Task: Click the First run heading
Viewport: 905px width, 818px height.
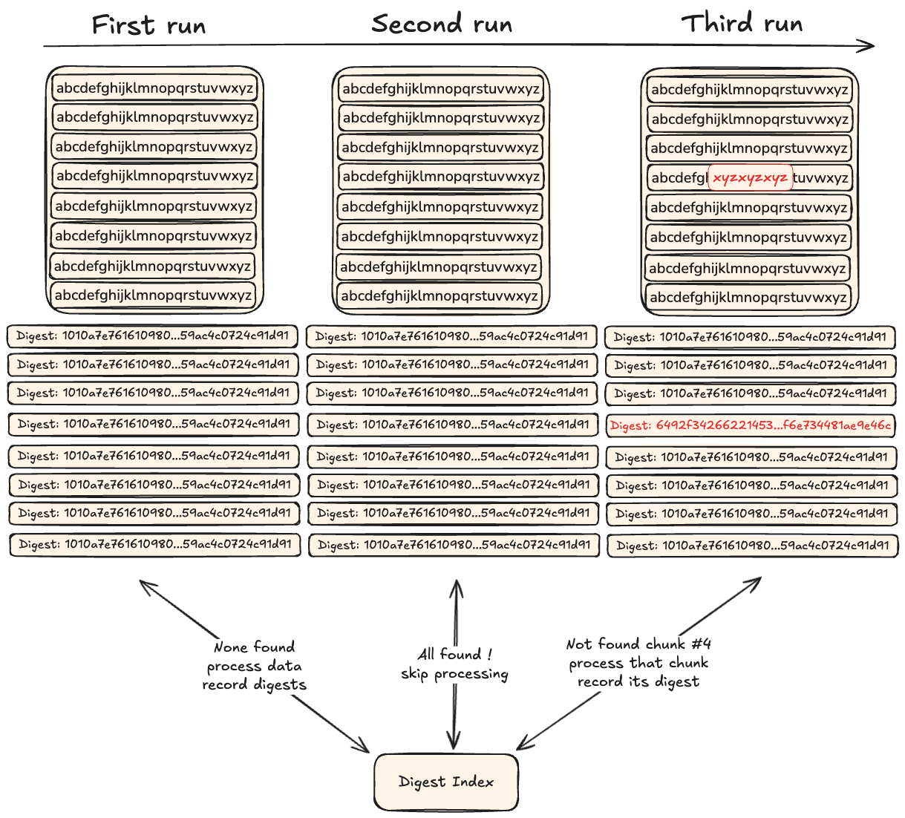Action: pos(148,26)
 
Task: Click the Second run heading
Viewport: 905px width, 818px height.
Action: pos(442,24)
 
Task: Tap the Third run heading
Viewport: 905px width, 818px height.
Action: pos(742,24)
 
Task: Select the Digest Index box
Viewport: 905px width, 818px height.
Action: pos(445,782)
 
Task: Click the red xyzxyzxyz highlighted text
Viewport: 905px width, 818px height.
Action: pos(750,178)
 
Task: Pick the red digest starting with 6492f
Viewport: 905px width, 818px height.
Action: pos(750,425)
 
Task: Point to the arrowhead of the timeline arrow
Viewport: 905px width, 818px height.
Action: pos(869,47)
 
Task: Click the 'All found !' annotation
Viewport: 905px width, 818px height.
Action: pos(454,654)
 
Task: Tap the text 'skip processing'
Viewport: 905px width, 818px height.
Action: pos(454,674)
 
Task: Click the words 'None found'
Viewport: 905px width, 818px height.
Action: pos(254,647)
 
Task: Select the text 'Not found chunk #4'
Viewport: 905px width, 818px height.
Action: pos(638,644)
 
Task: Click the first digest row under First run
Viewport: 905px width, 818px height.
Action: pos(153,336)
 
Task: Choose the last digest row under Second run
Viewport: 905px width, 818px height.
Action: pos(453,545)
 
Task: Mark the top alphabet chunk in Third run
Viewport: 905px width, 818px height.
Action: pos(749,90)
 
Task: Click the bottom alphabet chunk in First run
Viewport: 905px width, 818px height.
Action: pos(153,295)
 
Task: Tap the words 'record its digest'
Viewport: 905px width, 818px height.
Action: pos(638,681)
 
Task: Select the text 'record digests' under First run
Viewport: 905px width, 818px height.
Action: pos(254,684)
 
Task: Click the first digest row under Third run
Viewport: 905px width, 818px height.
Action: pos(750,337)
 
